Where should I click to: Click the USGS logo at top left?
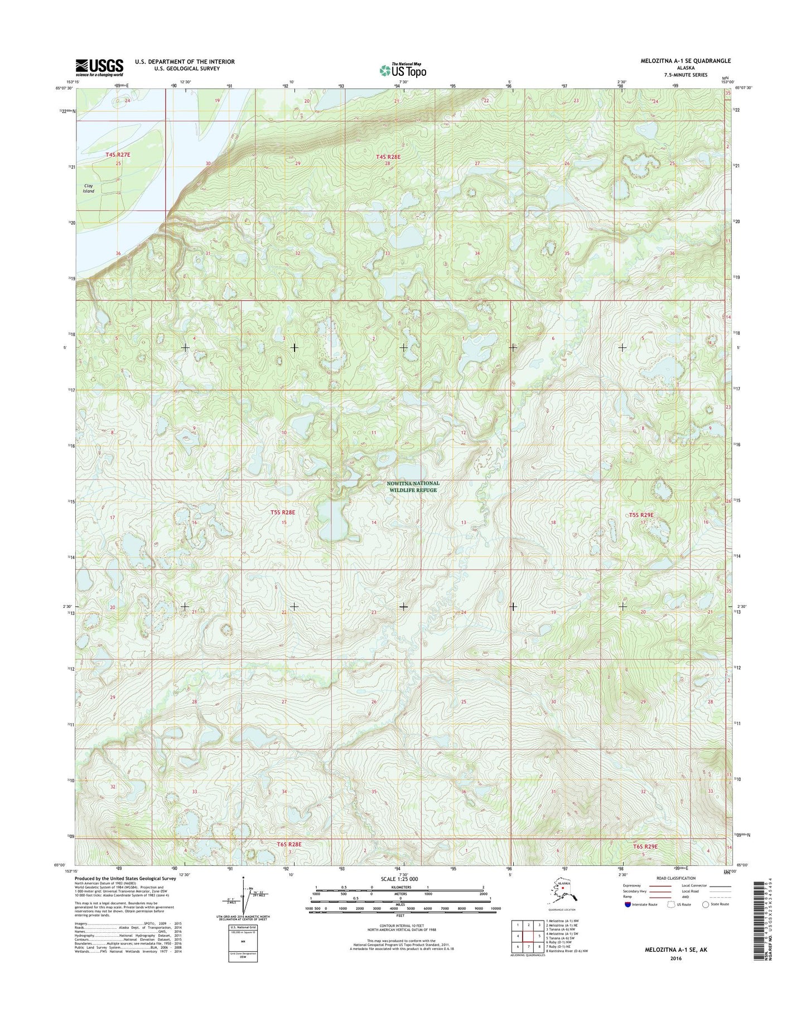100,67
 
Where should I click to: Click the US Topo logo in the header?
403,70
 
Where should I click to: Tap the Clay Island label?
88,188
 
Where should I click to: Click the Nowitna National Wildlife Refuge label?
413,486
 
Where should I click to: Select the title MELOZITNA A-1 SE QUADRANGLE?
686,61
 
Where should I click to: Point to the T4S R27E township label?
118,154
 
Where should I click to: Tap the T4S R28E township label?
388,157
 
